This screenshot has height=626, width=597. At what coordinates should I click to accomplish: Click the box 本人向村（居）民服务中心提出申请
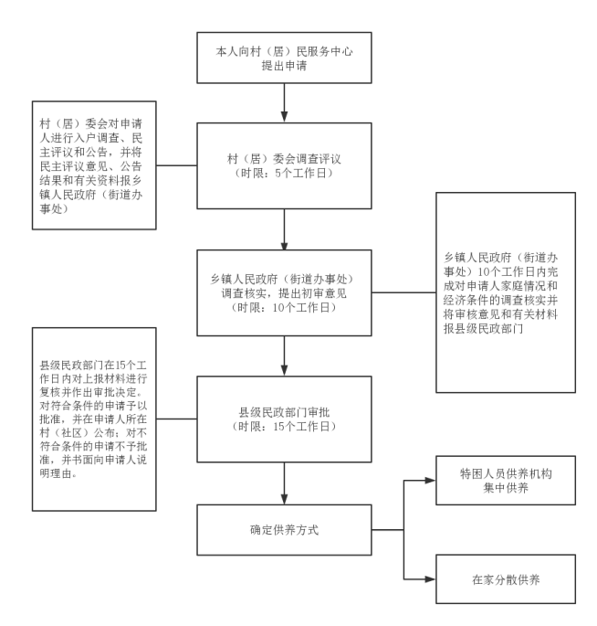(x=285, y=58)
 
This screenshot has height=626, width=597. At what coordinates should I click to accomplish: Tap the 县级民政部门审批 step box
(x=285, y=419)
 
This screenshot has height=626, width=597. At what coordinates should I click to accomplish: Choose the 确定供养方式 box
(x=285, y=528)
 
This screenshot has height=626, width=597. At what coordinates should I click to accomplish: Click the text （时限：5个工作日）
(x=285, y=174)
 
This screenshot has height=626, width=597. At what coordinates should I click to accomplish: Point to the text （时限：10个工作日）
(x=285, y=308)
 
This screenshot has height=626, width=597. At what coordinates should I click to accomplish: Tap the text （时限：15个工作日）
(x=285, y=428)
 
